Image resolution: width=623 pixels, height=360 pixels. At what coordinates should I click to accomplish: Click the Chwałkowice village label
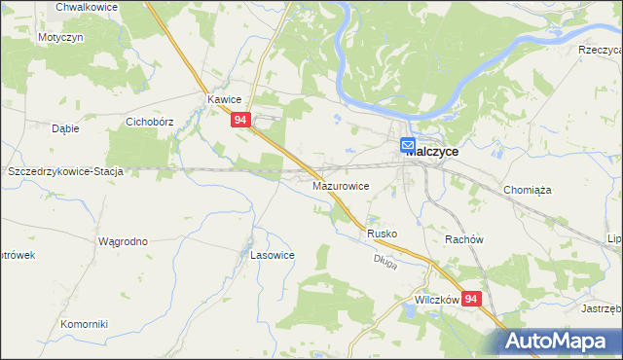pyautogui.click(x=87, y=7)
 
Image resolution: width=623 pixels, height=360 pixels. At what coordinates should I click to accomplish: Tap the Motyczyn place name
pyautogui.click(x=60, y=36)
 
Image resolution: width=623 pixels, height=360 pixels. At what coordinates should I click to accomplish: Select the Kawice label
pyautogui.click(x=224, y=99)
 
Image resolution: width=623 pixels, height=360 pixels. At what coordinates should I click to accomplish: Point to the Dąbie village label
pyautogui.click(x=65, y=127)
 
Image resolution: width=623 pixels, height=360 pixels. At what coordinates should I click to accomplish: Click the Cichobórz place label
pyautogui.click(x=150, y=124)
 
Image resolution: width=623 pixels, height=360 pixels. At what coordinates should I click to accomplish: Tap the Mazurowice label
pyautogui.click(x=340, y=184)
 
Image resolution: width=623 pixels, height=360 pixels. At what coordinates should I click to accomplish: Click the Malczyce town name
pyautogui.click(x=432, y=152)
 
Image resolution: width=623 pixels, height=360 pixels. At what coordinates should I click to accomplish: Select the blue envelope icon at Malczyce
pyautogui.click(x=408, y=147)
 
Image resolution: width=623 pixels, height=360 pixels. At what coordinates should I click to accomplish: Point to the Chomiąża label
pyautogui.click(x=529, y=191)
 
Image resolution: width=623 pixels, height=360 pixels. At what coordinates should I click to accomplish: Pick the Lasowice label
pyautogui.click(x=273, y=254)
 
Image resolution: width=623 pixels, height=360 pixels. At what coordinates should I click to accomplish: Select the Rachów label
pyautogui.click(x=464, y=239)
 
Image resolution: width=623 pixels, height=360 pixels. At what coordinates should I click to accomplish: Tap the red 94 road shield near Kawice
pyautogui.click(x=242, y=121)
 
